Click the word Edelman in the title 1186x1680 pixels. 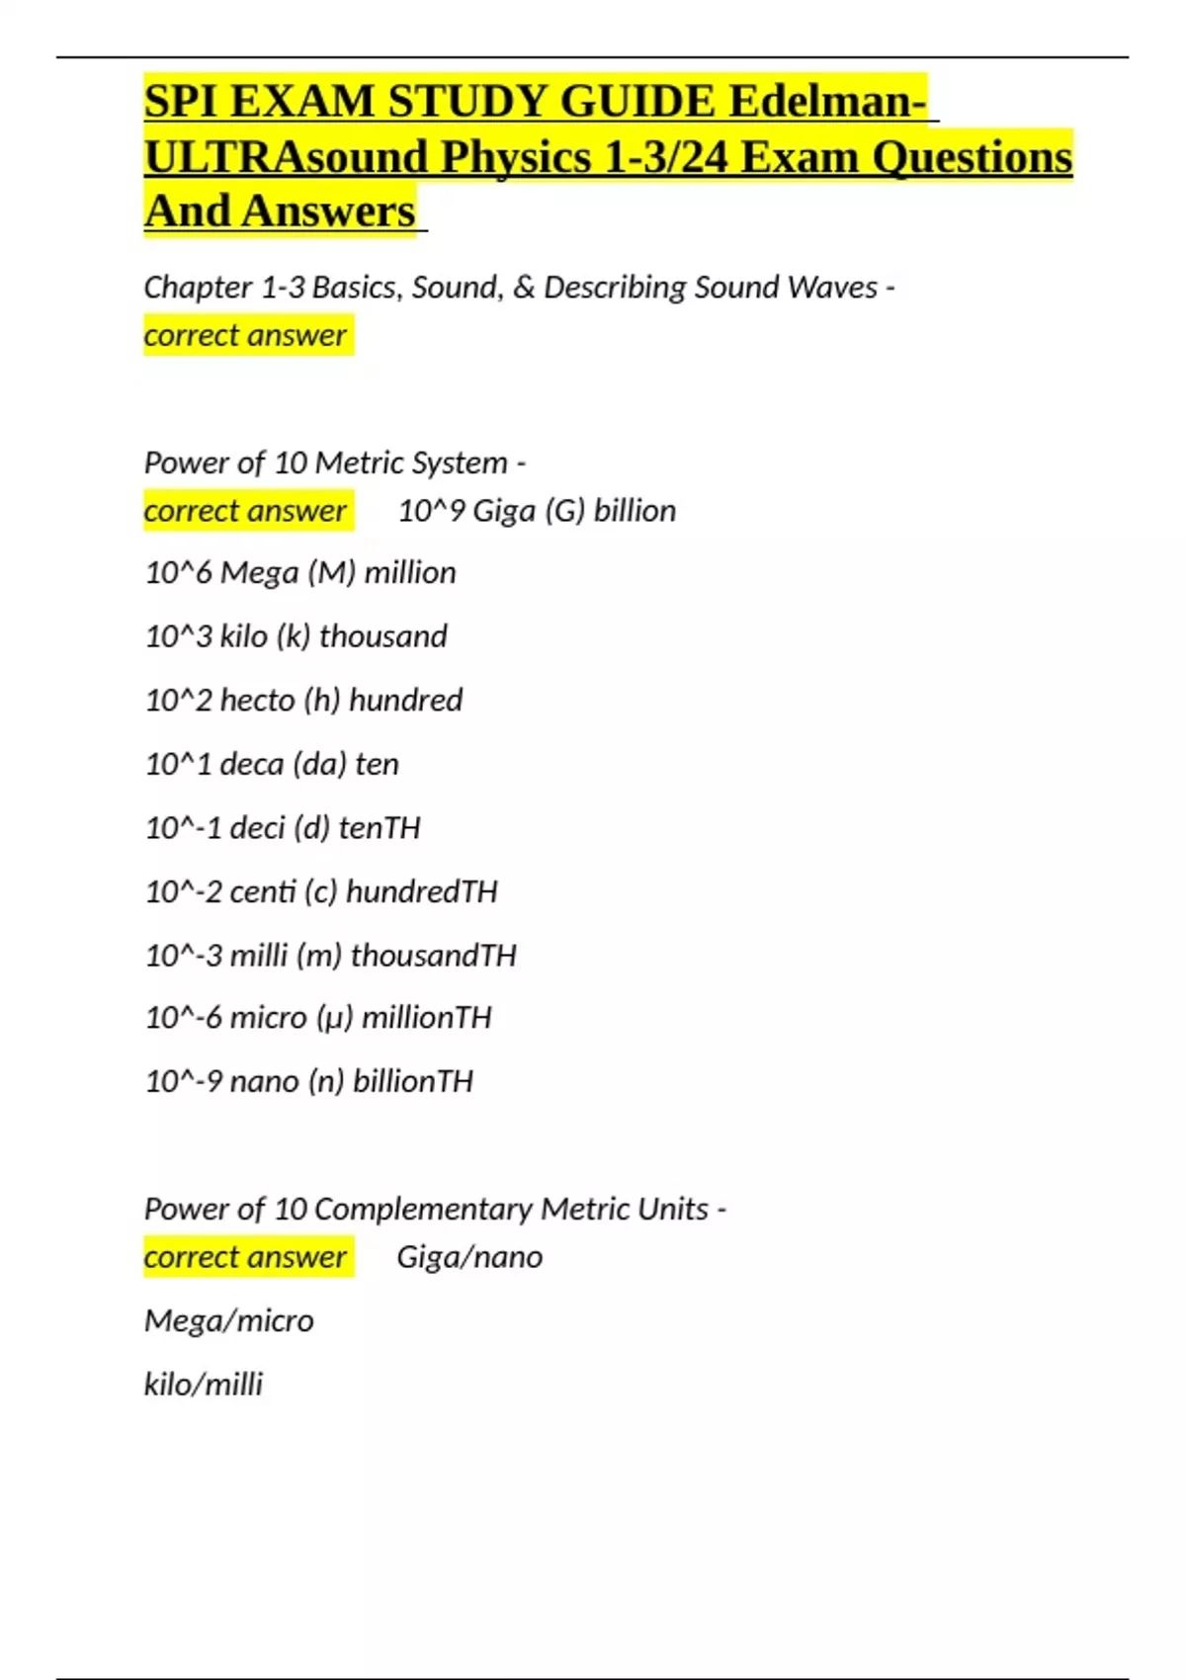[x=828, y=102]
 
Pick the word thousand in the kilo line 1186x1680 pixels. [x=382, y=636]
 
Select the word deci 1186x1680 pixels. [x=257, y=828]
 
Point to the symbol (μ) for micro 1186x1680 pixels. [x=334, y=1018]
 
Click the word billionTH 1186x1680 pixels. [x=413, y=1082]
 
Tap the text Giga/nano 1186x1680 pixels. [x=469, y=1257]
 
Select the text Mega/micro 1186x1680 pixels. [x=228, y=1321]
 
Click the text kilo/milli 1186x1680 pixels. [x=204, y=1385]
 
